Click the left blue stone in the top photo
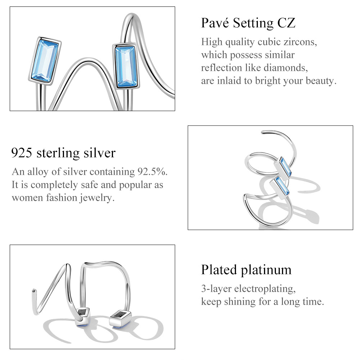[45, 61]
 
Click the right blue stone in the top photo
[126, 67]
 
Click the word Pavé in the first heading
[215, 23]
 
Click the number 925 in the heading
[22, 153]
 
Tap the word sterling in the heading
[58, 153]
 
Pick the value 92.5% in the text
[152, 172]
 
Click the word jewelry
[97, 198]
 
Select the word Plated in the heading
[219, 269]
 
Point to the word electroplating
[265, 289]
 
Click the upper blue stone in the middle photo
[286, 167]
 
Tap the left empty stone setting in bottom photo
[83, 313]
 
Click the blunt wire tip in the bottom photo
[34, 291]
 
